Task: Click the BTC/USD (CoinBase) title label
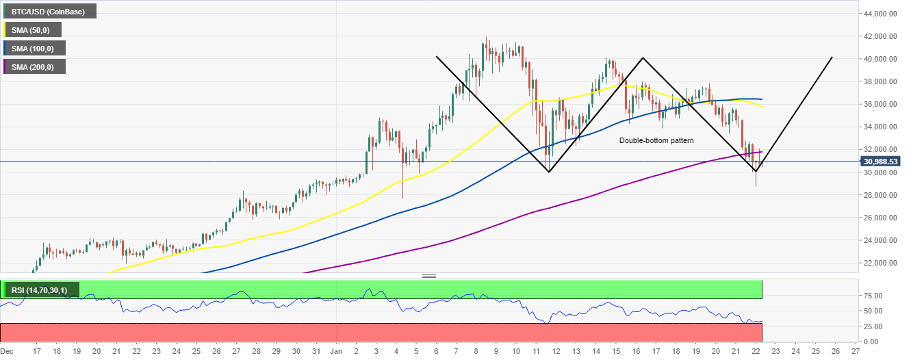coord(49,11)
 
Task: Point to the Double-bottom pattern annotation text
coord(656,140)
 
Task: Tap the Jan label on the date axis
coord(336,350)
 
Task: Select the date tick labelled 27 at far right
coord(856,350)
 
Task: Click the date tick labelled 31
coord(316,350)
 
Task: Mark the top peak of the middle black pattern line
coord(643,57)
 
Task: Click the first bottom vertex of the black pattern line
coord(549,172)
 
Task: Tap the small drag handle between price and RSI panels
coord(429,277)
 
